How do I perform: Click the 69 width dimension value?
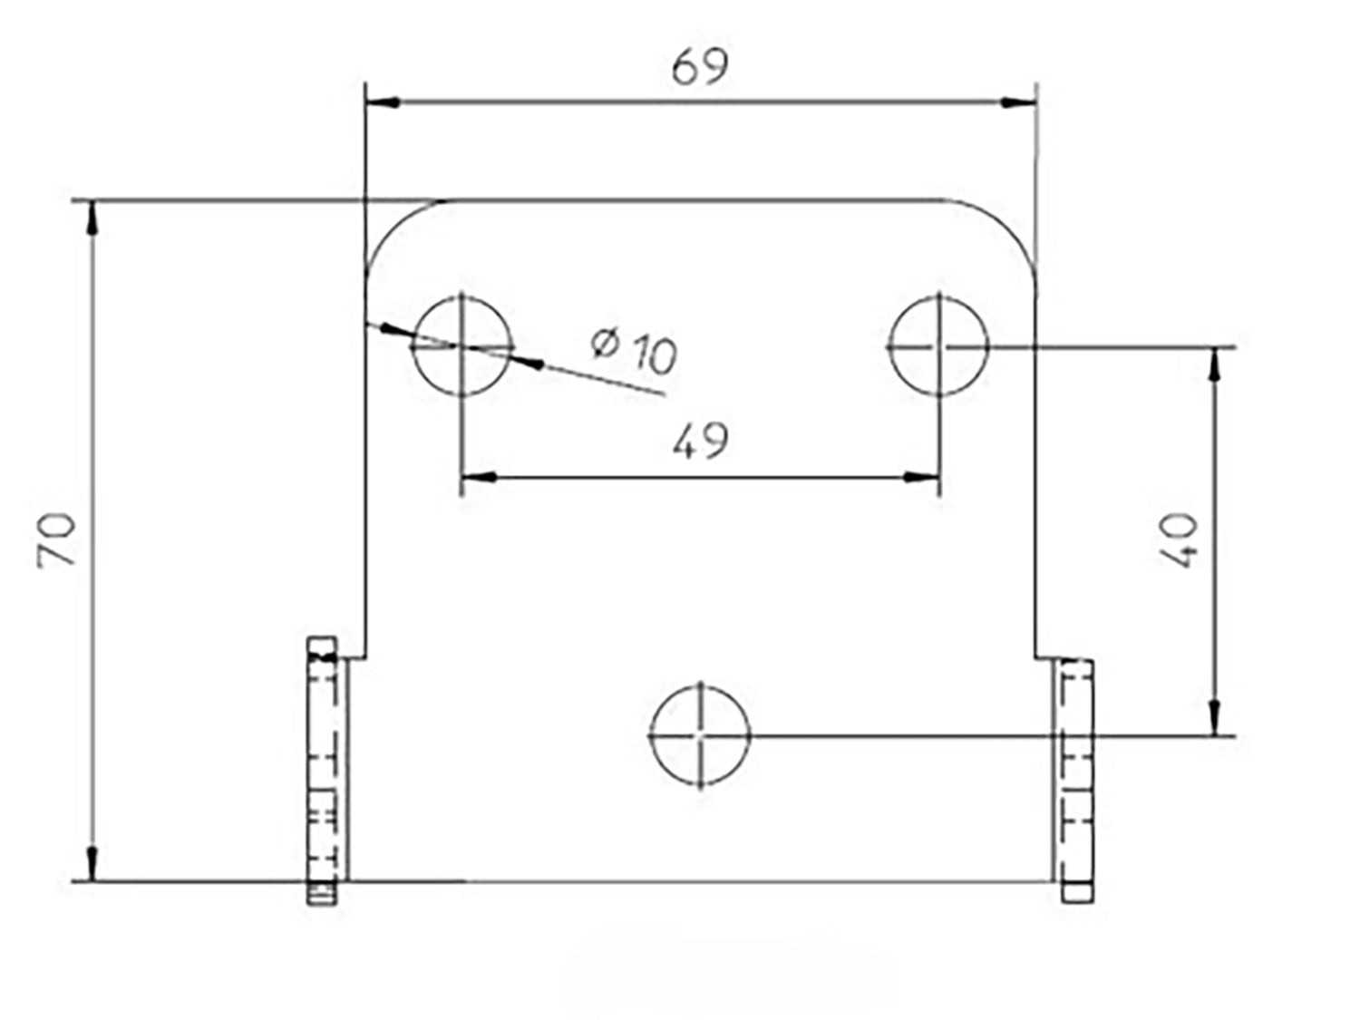pyautogui.click(x=699, y=66)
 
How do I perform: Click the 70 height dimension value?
pyautogui.click(x=57, y=540)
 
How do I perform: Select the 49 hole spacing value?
pyautogui.click(x=701, y=441)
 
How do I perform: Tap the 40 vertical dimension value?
pyautogui.click(x=1180, y=540)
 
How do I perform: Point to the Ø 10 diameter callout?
pyautogui.click(x=635, y=350)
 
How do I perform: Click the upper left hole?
pyautogui.click(x=462, y=345)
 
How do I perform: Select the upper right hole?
pyautogui.click(x=938, y=345)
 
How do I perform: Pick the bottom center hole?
pyautogui.click(x=700, y=735)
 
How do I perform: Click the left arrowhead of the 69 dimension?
pyautogui.click(x=383, y=102)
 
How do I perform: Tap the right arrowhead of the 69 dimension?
pyautogui.click(x=1018, y=102)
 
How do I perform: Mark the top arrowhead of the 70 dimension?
pyautogui.click(x=92, y=218)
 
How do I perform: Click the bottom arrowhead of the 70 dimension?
pyautogui.click(x=92, y=861)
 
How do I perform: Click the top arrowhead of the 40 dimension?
pyautogui.click(x=1215, y=363)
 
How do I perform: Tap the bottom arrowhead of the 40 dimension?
pyautogui.click(x=1215, y=718)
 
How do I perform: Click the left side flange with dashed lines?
pyautogui.click(x=324, y=771)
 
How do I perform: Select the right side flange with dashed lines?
pyautogui.click(x=1076, y=780)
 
